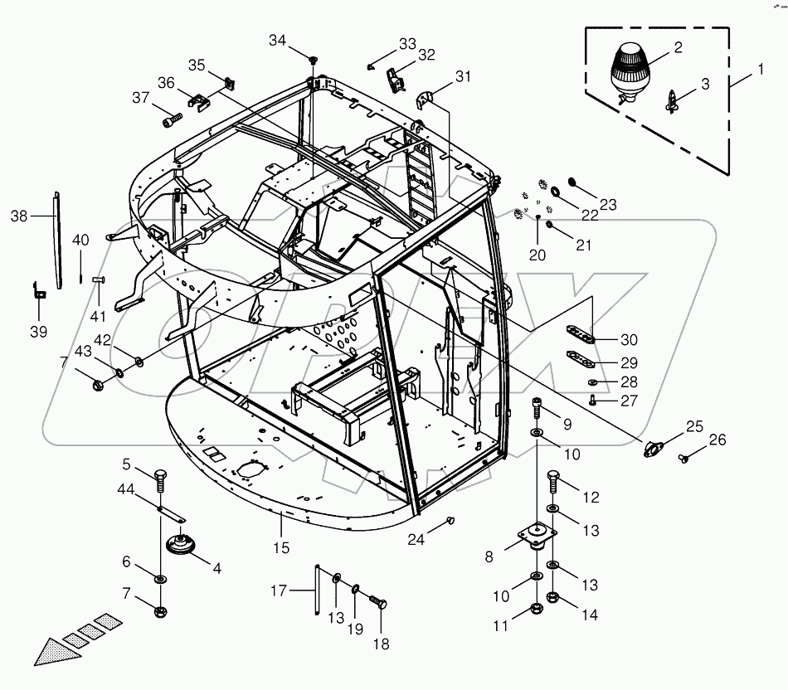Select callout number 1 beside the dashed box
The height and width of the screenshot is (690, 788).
[761, 70]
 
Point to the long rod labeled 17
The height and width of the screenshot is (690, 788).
[318, 589]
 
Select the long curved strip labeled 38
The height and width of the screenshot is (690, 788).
[58, 241]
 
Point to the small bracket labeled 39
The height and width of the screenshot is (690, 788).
[38, 291]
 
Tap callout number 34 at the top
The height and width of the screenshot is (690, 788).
[277, 41]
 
